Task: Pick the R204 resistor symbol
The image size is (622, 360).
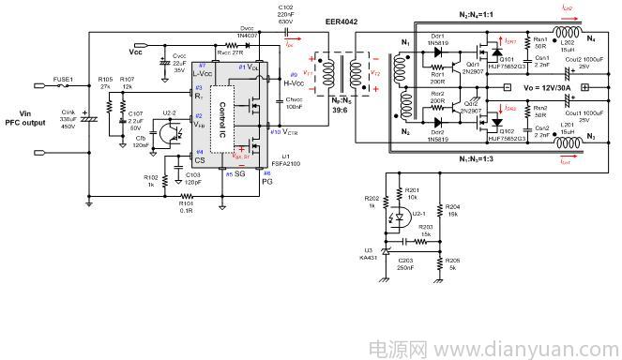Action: [439, 213]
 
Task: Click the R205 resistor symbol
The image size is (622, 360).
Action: [439, 262]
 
